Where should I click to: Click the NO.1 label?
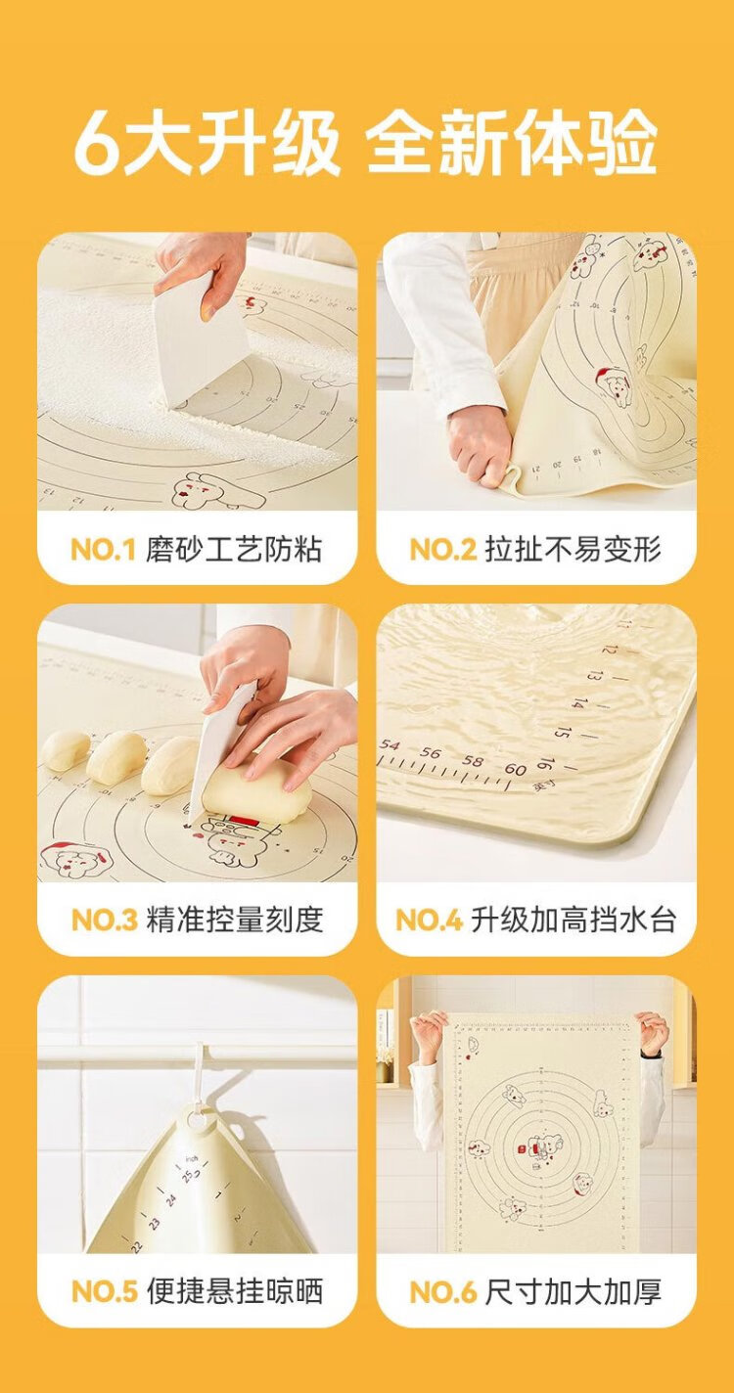tap(104, 550)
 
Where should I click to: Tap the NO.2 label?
tap(443, 550)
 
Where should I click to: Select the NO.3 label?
tap(105, 921)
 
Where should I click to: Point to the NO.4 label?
tap(430, 921)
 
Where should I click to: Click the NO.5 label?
tap(105, 1291)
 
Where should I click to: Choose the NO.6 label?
tap(443, 1291)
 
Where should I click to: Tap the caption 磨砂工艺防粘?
tap(234, 550)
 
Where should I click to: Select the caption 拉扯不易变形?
tap(573, 550)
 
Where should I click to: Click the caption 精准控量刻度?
tap(235, 921)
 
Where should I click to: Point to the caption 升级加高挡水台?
tap(573, 921)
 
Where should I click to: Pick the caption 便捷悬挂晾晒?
tap(235, 1291)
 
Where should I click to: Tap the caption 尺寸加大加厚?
tap(573, 1291)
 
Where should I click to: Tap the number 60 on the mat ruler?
tap(515, 769)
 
